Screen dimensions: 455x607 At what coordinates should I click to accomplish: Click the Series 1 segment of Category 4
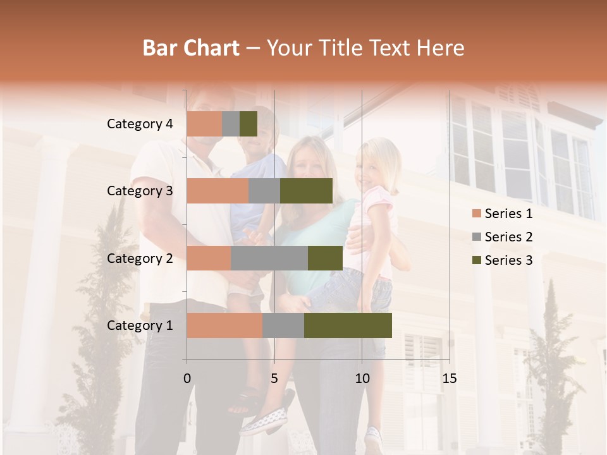204,124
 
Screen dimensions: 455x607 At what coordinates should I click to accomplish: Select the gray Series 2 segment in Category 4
231,124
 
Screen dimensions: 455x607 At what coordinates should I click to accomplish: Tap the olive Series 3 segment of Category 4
248,124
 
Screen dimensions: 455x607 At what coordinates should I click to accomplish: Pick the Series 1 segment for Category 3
218,191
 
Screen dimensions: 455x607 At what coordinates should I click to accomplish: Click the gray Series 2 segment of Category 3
264,191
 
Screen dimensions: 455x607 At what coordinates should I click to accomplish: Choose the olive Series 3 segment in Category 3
306,191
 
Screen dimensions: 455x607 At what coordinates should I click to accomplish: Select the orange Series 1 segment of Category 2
209,258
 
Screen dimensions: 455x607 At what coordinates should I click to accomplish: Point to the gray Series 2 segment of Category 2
269,258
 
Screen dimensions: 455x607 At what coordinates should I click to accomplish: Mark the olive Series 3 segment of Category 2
325,258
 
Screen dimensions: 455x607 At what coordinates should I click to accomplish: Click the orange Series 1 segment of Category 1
224,325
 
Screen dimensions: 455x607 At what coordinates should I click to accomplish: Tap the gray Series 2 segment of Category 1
283,325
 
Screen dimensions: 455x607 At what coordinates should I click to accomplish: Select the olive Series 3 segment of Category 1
348,325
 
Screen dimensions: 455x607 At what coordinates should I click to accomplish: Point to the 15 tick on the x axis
449,379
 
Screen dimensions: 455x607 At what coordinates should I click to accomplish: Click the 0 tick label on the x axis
187,379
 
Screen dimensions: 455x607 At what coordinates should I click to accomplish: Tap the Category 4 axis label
140,124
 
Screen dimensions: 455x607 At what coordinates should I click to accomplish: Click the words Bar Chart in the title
191,47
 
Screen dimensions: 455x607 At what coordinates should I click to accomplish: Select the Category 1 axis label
140,325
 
